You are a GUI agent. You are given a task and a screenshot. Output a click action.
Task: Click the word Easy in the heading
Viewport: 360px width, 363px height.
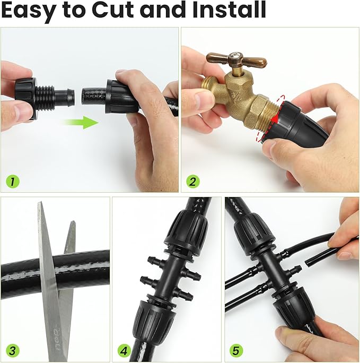point(29,12)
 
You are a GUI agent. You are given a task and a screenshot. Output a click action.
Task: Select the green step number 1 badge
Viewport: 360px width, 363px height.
point(12,181)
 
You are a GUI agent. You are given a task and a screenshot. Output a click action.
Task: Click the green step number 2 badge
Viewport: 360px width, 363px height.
point(192,181)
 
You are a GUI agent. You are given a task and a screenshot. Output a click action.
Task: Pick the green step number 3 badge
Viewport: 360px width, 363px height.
point(12,350)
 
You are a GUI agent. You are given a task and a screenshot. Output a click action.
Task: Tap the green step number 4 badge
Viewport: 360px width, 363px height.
point(124,350)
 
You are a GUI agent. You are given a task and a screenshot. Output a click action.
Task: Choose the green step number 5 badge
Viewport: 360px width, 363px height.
point(236,350)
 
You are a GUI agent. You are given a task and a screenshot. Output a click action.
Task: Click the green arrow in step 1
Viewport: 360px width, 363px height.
point(81,123)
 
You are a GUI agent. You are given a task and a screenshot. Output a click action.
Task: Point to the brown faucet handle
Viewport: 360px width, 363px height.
point(236,60)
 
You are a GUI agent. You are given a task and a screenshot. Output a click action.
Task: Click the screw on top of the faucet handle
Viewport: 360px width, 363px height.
point(236,56)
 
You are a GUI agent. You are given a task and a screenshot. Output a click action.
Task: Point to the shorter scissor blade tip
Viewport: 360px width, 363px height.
point(73,222)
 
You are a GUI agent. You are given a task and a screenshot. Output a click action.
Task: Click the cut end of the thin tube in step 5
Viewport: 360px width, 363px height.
point(306,263)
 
